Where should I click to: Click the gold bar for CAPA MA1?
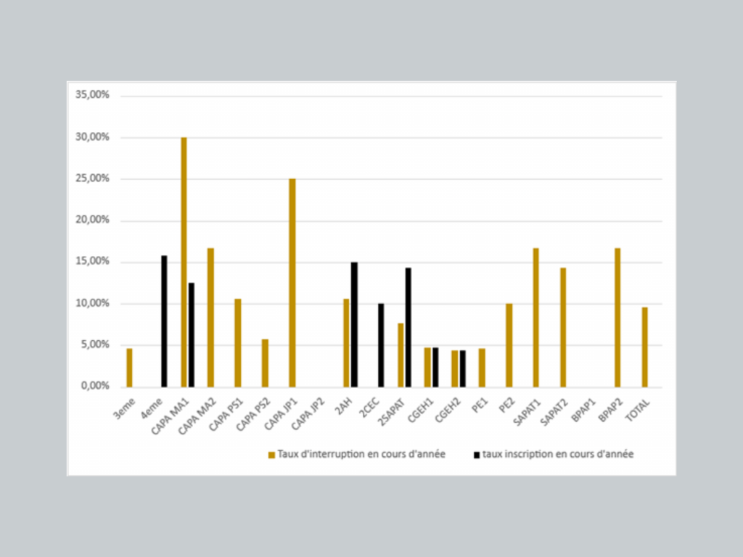[x=184, y=262]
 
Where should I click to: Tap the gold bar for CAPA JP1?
[x=292, y=283]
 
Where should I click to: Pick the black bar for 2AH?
[x=354, y=324]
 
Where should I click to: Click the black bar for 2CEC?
[x=381, y=345]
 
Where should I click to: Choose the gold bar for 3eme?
[x=129, y=368]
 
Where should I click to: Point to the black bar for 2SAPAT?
[x=408, y=327]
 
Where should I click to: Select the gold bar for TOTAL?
[x=644, y=347]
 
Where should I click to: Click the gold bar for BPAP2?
[x=617, y=318]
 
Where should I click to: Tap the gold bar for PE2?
[x=509, y=345]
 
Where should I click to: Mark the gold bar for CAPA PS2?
[x=265, y=363]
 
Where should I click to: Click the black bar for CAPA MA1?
[x=192, y=334]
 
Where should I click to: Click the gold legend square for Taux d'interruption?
[x=271, y=455]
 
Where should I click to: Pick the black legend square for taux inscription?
[x=476, y=455]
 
